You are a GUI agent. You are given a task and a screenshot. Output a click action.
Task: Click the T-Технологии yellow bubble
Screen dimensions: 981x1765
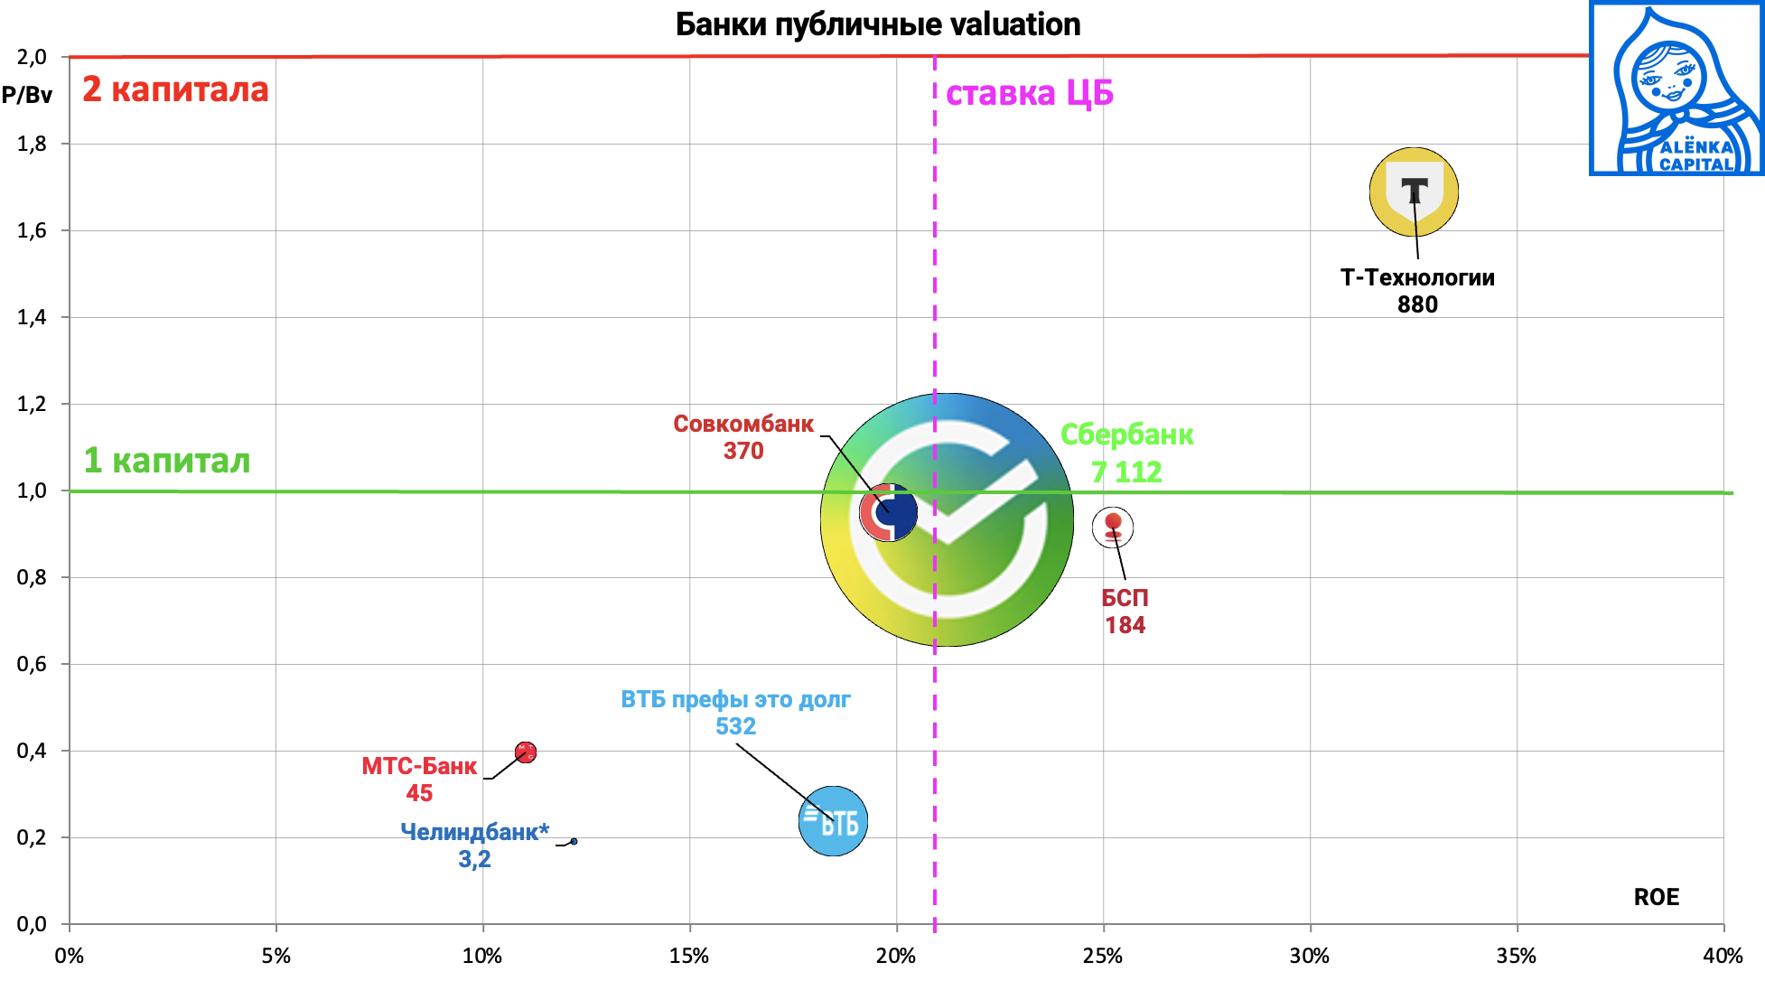(x=1414, y=192)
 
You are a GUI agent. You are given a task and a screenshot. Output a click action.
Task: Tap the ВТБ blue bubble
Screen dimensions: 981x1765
(x=833, y=821)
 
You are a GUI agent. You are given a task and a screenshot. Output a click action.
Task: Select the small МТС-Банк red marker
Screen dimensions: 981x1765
(x=526, y=752)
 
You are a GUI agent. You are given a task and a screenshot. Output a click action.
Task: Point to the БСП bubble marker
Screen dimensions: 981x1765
(x=1113, y=528)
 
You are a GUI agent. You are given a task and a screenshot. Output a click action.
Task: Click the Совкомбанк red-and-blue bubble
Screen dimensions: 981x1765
(x=889, y=512)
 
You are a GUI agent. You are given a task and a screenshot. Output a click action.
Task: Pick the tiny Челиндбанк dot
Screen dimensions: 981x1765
(x=574, y=841)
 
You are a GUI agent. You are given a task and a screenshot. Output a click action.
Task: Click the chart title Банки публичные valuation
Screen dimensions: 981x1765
(x=878, y=24)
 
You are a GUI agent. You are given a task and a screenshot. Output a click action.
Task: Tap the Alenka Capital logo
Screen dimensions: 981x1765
(x=1676, y=88)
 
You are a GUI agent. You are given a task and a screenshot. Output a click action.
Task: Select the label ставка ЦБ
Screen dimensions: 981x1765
(x=1029, y=93)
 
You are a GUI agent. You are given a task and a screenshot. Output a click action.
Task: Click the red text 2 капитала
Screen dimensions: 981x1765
(x=175, y=89)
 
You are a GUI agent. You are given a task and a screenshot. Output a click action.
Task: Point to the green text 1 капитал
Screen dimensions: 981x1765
(x=167, y=461)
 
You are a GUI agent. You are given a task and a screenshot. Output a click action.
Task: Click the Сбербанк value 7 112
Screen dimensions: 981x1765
(x=1126, y=472)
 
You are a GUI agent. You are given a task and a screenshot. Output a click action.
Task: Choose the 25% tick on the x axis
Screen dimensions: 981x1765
(x=1103, y=956)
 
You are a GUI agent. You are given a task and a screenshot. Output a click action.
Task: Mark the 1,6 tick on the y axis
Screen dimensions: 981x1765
(x=32, y=230)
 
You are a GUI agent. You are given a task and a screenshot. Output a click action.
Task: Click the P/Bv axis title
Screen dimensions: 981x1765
(x=27, y=95)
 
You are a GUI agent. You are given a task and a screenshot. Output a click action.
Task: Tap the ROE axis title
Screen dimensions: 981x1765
(x=1657, y=897)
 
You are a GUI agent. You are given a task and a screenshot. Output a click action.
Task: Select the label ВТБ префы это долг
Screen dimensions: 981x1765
(x=735, y=699)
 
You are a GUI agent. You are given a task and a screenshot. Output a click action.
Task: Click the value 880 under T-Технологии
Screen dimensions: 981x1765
(x=1417, y=304)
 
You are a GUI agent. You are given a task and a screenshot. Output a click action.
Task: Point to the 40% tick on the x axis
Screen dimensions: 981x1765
(x=1723, y=956)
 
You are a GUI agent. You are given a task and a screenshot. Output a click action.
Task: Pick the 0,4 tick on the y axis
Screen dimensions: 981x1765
(x=32, y=751)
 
